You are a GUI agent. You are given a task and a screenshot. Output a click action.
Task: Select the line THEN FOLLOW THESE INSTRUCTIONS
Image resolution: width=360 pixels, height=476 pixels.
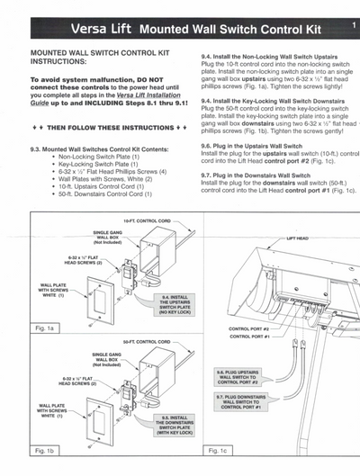tap(107, 129)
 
